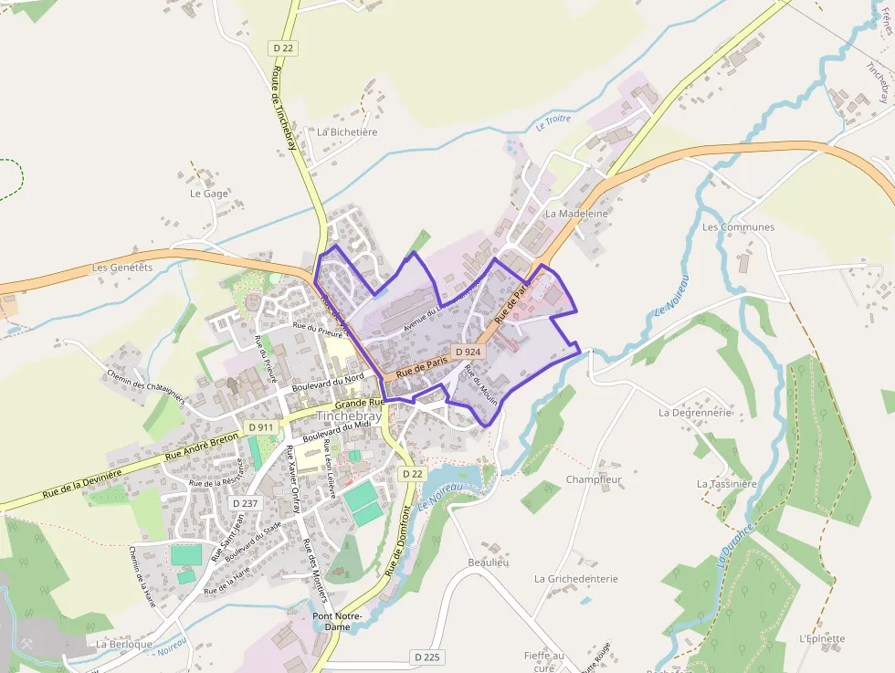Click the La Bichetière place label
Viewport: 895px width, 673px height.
(x=347, y=131)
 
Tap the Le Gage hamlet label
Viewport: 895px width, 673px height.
(x=208, y=194)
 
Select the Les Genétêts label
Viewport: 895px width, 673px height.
(x=122, y=268)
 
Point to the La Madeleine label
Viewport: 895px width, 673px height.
(x=576, y=213)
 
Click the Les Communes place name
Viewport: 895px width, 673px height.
(x=738, y=226)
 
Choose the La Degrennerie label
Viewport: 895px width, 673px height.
(x=695, y=412)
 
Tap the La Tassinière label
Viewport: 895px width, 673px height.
(x=727, y=483)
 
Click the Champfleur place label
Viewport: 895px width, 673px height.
(x=594, y=479)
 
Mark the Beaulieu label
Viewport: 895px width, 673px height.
(x=488, y=562)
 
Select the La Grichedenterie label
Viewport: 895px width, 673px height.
(x=576, y=578)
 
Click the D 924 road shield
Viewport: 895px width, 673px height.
(x=468, y=352)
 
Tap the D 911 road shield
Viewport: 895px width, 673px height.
(x=260, y=426)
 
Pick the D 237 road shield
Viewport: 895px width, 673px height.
(x=246, y=503)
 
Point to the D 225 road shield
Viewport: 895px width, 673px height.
(x=427, y=657)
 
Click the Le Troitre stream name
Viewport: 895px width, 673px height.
(x=553, y=121)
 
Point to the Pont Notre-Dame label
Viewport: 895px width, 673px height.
(x=338, y=621)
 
